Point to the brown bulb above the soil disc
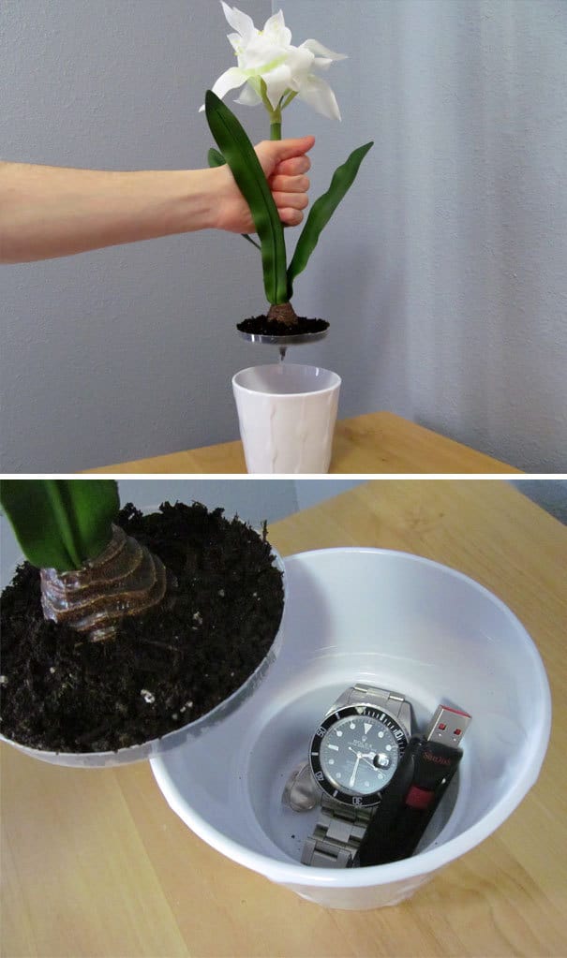pyautogui.click(x=281, y=314)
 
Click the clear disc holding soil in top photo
pyautogui.click(x=282, y=334)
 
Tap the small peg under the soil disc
pyautogui.click(x=282, y=354)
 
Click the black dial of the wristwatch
pyautogui.click(x=357, y=755)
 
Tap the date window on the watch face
pyautogui.click(x=381, y=761)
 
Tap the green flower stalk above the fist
pyautogui.click(x=276, y=126)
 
